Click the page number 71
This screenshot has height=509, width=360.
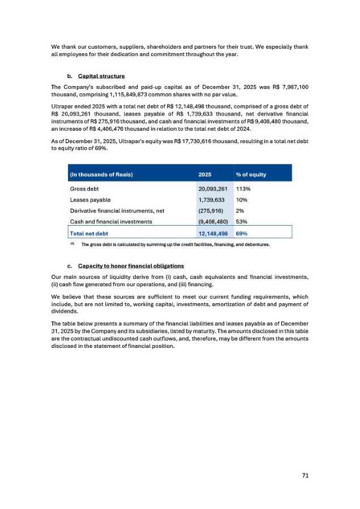[305, 476]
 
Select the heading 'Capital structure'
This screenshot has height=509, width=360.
[101, 76]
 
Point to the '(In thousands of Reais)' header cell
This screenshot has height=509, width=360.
[101, 174]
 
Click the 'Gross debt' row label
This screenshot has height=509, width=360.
[85, 189]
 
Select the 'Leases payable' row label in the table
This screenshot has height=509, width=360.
[90, 200]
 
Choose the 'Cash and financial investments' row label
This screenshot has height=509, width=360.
[111, 222]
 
